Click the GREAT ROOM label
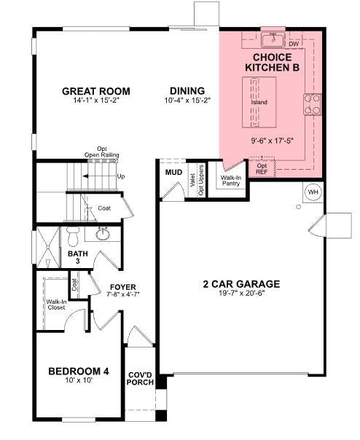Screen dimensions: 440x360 click(96, 91)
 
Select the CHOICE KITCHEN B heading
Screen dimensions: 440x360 click(272, 62)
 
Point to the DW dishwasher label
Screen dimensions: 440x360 click(294, 44)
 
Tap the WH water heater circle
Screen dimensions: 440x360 click(313, 192)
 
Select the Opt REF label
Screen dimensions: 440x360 click(262, 168)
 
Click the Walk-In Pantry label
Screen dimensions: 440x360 click(231, 180)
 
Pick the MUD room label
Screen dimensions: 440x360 click(173, 173)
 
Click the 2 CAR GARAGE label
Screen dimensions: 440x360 click(240, 284)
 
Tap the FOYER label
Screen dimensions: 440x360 click(122, 286)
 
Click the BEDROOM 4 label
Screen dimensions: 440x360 click(79, 372)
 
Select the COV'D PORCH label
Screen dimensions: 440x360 click(140, 379)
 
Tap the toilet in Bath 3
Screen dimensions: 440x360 click(73, 236)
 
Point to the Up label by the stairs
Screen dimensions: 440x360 click(120, 176)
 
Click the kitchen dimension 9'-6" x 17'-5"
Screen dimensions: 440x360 click(272, 141)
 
